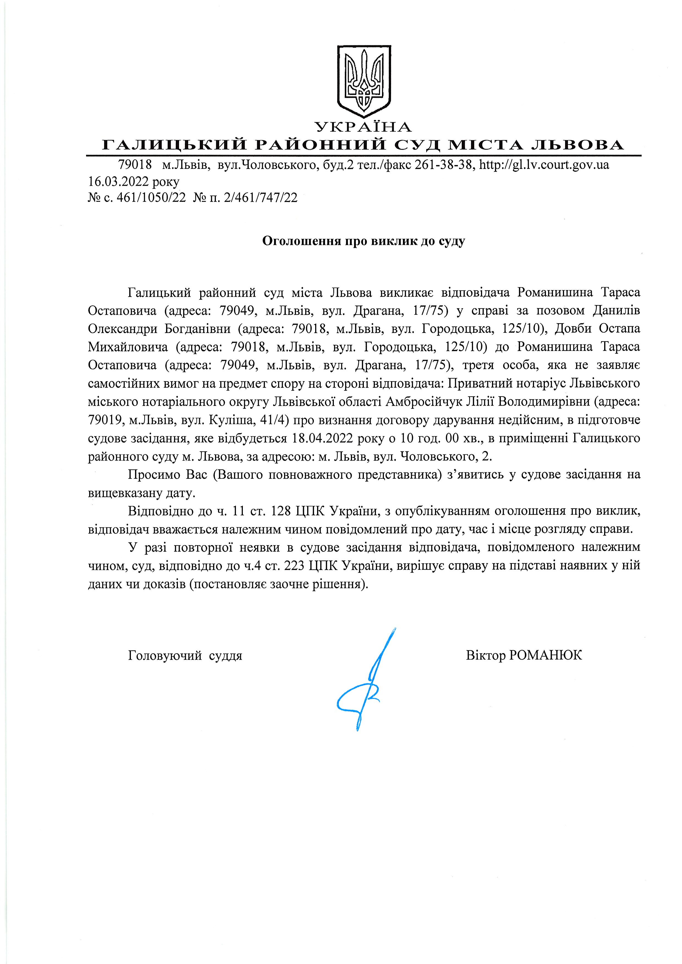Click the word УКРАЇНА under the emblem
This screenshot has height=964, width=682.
point(364,127)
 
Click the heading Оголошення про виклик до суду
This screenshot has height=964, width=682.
point(364,241)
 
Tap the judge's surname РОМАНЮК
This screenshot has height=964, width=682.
point(545,655)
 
